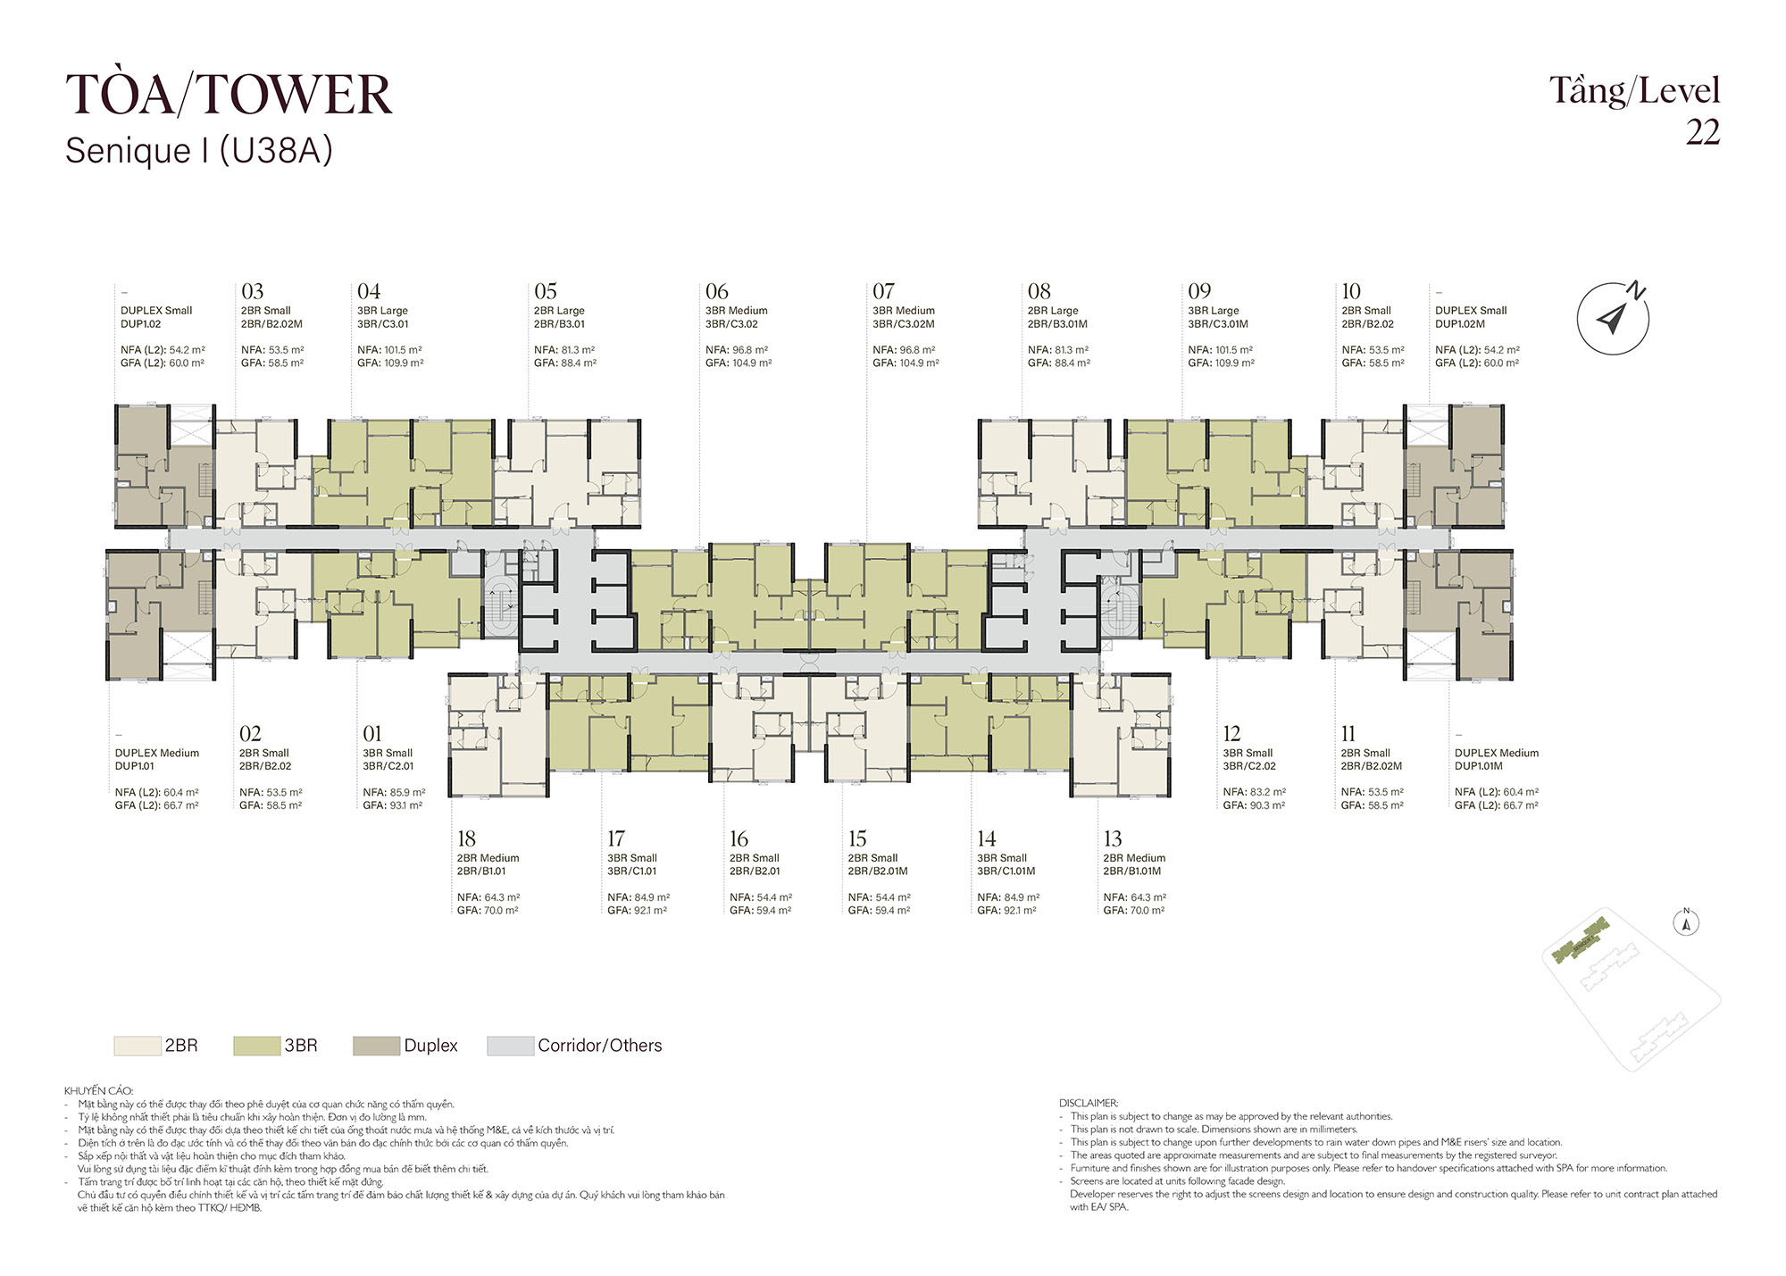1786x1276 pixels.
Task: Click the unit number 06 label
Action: (x=716, y=291)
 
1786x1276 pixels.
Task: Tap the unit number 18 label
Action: (x=466, y=838)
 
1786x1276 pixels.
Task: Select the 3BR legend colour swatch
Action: (x=256, y=1046)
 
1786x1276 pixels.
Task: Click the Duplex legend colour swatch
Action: (x=376, y=1046)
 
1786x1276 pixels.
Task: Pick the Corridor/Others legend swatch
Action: (x=510, y=1046)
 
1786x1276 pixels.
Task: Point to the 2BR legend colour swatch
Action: (x=137, y=1046)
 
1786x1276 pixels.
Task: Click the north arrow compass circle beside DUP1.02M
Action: (x=1612, y=318)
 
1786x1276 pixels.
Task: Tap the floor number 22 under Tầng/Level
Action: (x=1702, y=132)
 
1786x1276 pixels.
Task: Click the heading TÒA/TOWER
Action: (x=229, y=94)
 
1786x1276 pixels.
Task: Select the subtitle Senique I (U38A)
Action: (x=198, y=151)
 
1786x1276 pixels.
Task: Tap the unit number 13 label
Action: (x=1113, y=838)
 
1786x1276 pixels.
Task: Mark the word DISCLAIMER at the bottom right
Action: (x=1089, y=1104)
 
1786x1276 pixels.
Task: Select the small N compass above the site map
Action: (x=1686, y=922)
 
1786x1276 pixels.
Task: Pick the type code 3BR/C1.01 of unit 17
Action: (x=632, y=872)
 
